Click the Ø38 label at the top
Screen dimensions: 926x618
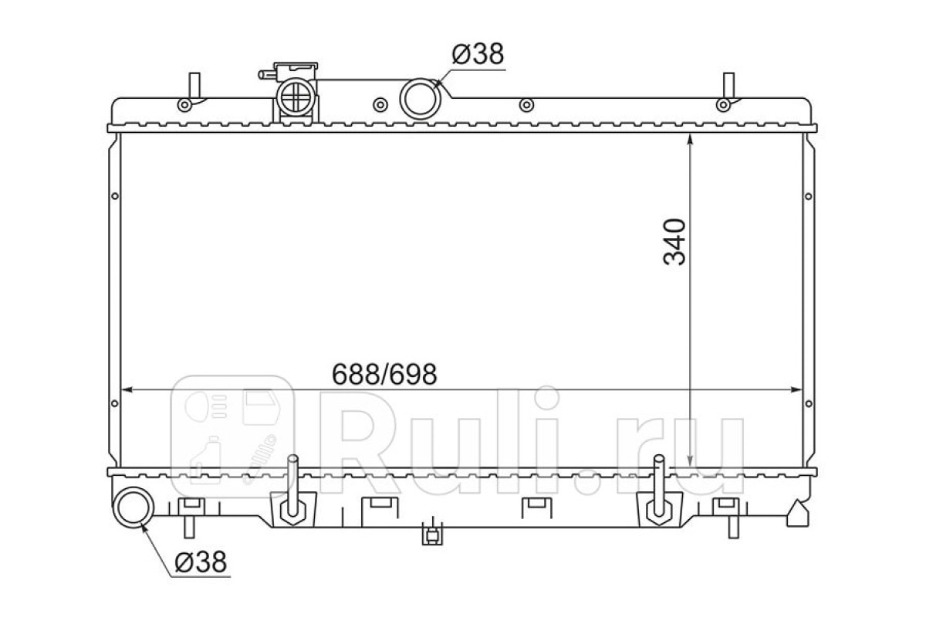[478, 54]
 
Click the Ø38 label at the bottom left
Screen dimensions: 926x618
[201, 562]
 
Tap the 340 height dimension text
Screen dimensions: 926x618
[674, 242]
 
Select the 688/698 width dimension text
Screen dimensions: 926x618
[384, 375]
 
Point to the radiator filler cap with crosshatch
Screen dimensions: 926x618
[296, 97]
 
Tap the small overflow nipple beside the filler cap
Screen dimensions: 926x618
[267, 75]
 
